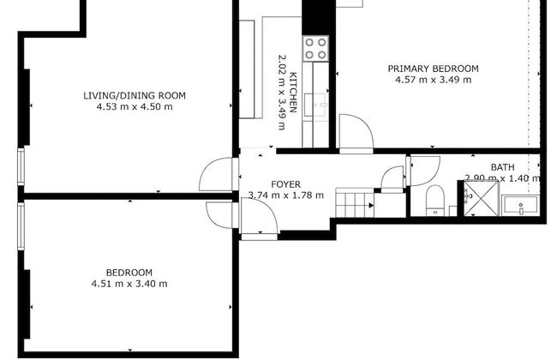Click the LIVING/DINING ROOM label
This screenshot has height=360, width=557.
coord(135,95)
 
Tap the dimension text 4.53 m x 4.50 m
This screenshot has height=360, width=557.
coord(135,107)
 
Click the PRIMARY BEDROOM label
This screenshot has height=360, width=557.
coord(433,69)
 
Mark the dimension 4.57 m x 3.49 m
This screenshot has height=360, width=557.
coord(433,80)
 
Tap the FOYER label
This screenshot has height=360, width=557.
coord(285,183)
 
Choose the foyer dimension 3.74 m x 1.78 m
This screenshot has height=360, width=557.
coord(285,195)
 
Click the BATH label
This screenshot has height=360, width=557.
coord(502,167)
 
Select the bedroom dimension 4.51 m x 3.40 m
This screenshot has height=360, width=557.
coord(129,284)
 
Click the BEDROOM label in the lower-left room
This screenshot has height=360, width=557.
coord(129,273)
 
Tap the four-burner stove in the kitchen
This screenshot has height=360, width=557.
coord(315,47)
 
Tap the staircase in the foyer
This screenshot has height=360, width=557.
coord(355,204)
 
